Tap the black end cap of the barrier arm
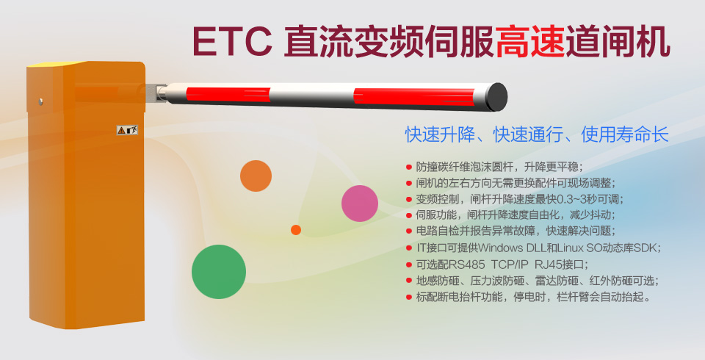(496, 96)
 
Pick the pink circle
(360, 204)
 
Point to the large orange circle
(256, 176)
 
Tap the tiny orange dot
(296, 230)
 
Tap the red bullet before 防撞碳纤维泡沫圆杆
(409, 167)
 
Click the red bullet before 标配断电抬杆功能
(409, 297)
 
